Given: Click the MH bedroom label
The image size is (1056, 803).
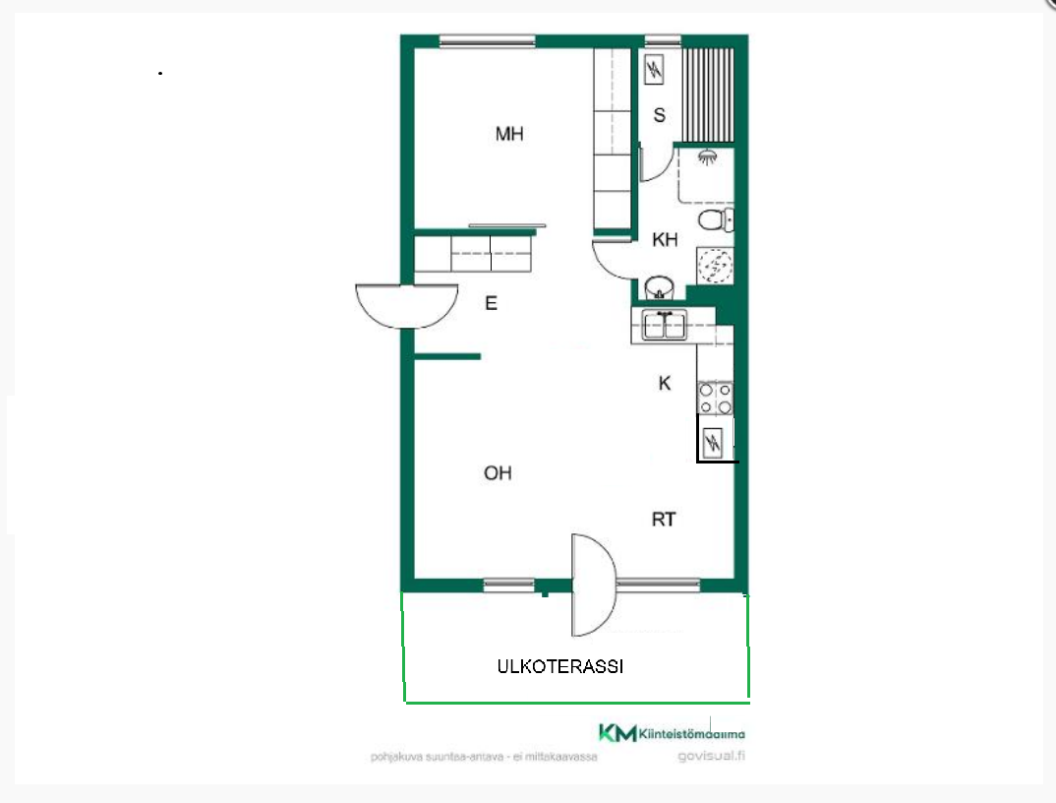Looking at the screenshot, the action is point(509,134).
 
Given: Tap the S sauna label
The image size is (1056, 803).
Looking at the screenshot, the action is point(660,115).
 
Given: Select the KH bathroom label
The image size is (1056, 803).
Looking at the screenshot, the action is point(665,239).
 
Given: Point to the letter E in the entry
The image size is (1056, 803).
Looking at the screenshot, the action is point(491,303).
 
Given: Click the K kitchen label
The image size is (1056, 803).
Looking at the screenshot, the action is point(665,383).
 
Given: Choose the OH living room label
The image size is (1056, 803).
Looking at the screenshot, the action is point(498,473).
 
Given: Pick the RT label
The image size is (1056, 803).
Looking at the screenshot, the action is point(664,520).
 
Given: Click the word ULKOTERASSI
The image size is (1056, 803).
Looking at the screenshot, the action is point(560,667).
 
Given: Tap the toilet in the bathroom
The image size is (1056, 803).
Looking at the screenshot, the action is point(716,219).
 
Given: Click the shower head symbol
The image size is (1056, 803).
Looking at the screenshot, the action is point(707,157).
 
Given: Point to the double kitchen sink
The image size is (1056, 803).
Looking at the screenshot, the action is point(664,326).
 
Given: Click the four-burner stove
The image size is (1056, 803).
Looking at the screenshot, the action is point(715,399).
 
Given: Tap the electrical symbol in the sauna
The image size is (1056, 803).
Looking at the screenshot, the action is point(654,69).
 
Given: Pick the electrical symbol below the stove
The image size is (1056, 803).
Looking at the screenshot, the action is point(712,442).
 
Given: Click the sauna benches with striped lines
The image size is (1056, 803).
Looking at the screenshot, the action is point(708,94).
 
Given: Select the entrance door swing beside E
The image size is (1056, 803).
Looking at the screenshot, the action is point(407,306).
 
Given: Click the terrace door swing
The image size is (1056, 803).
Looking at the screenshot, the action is point(593,586).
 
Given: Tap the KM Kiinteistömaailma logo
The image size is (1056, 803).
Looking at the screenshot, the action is point(672,733).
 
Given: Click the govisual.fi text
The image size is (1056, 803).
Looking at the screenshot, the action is point(711,756).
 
